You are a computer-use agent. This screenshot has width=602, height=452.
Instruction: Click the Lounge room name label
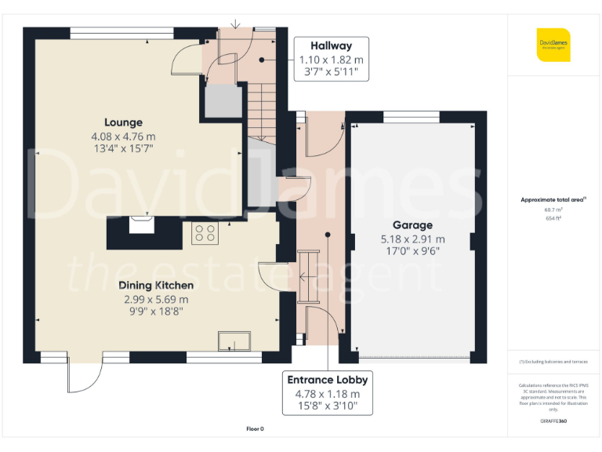click(x=124, y=122)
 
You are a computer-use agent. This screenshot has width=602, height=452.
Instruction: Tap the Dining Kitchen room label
click(x=156, y=286)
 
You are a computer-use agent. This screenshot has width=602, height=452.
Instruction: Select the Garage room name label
click(x=412, y=225)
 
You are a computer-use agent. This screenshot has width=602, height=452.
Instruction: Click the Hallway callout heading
click(x=331, y=46)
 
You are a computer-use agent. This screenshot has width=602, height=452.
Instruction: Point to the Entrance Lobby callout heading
click(x=328, y=380)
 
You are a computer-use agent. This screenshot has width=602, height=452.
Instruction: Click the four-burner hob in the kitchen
click(x=206, y=231)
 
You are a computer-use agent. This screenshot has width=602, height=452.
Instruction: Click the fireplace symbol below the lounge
click(x=142, y=225)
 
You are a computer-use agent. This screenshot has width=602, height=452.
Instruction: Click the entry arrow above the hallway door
click(x=236, y=25)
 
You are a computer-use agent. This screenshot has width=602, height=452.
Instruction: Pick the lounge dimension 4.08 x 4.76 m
click(x=123, y=137)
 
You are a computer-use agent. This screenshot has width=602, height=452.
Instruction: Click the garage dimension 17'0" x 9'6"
click(x=412, y=252)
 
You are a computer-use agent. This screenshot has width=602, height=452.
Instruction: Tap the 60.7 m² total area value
click(x=553, y=210)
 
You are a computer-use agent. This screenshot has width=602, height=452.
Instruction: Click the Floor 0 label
click(x=255, y=428)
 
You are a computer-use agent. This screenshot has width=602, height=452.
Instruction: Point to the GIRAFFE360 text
click(x=553, y=422)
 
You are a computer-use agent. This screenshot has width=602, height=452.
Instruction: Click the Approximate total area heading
click(x=552, y=200)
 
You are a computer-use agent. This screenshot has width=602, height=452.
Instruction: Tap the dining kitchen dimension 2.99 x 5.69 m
click(x=156, y=299)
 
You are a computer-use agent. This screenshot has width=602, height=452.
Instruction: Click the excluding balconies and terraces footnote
click(x=553, y=362)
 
